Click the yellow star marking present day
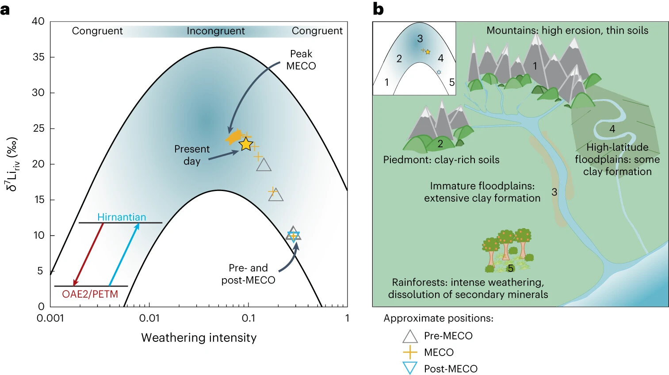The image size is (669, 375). click(x=246, y=144)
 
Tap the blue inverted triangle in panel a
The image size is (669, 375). click(x=293, y=237)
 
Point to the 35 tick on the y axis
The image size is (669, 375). click(x=38, y=57)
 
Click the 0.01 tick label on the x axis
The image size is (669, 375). click(x=149, y=318)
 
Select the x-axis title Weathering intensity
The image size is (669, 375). click(x=199, y=338)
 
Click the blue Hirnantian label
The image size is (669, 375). click(x=122, y=217)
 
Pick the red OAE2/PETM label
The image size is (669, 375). click(x=90, y=294)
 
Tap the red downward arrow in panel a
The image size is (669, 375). click(x=88, y=255)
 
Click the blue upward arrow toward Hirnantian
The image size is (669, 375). click(x=124, y=255)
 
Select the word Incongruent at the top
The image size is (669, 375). click(x=215, y=31)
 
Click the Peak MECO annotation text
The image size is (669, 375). click(x=301, y=60)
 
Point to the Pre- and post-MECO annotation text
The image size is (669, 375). click(x=248, y=274)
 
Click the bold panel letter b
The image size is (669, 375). click(x=378, y=9)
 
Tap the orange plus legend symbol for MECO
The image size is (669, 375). click(x=410, y=352)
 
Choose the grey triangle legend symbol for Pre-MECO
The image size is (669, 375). click(x=410, y=337)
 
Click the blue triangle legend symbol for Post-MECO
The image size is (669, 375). click(x=410, y=368)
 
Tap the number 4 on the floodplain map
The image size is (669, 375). click(x=612, y=129)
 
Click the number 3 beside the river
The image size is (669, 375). click(x=554, y=192)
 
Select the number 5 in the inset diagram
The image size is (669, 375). click(x=451, y=82)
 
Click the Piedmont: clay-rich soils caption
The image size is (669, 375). click(x=441, y=160)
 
